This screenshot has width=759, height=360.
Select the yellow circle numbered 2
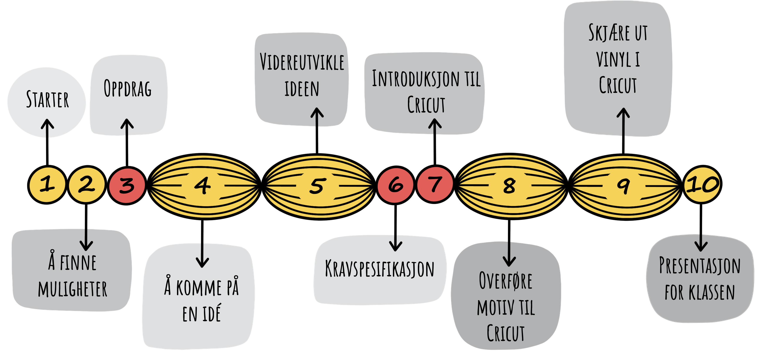tap(87, 185)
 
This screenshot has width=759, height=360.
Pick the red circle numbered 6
tap(395, 185)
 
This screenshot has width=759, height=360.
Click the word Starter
tap(47, 99)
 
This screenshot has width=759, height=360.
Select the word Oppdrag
tap(128, 88)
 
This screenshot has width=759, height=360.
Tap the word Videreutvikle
tap(302, 62)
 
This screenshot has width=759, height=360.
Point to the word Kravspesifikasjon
tap(380, 269)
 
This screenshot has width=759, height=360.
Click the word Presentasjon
tap(700, 266)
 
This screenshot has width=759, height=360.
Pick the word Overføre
tap(506, 281)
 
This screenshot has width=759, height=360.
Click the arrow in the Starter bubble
tap(47, 128)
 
